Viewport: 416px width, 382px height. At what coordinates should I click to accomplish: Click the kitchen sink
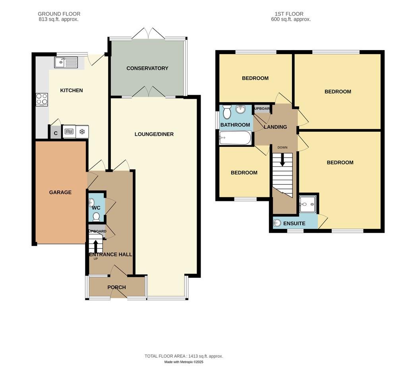[x=66, y=62]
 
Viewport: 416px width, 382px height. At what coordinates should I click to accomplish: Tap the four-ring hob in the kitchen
[x=42, y=99]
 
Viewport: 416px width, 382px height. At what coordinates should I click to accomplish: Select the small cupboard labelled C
[x=56, y=133]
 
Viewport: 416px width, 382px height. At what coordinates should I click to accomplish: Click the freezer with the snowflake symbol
[x=82, y=132]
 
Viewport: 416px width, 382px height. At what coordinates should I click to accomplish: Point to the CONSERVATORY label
[x=147, y=68]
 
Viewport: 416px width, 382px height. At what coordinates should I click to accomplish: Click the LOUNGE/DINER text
[x=154, y=134]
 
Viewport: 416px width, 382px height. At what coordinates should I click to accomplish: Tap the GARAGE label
[x=60, y=192]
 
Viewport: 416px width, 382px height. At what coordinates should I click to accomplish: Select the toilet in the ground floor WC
[x=96, y=216]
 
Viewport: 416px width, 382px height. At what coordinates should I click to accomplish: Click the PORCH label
[x=117, y=287]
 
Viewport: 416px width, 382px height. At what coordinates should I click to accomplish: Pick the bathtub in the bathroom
[x=235, y=138]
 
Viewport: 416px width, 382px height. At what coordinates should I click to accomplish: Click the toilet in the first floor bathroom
[x=227, y=112]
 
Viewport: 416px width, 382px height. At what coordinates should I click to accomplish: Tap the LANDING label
[x=275, y=127]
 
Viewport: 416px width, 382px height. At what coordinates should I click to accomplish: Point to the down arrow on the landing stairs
[x=282, y=160]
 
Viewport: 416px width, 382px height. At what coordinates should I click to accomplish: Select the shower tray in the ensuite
[x=308, y=205]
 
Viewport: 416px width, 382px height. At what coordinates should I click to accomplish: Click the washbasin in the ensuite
[x=277, y=223]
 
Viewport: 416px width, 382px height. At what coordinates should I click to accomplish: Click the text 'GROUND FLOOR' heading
[x=59, y=14]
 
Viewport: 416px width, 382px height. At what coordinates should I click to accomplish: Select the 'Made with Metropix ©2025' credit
[x=184, y=362]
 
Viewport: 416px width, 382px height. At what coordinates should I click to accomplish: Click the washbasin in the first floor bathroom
[x=240, y=109]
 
